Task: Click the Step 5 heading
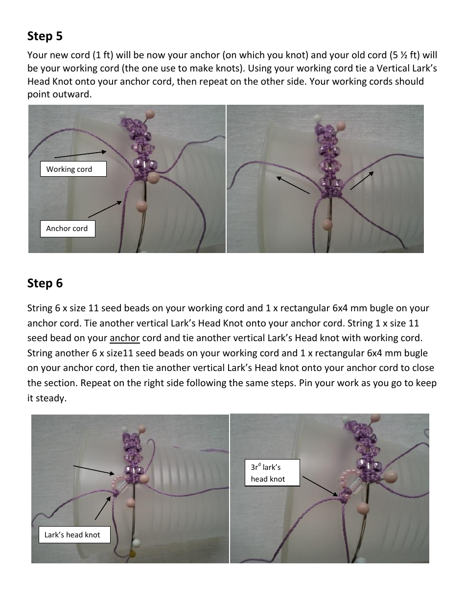45,36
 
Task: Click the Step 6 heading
45,283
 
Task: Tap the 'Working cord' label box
73,169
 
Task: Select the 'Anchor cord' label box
67,229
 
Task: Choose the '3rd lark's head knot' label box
272,473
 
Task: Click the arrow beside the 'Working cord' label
80,154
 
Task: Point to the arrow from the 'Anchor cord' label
105,208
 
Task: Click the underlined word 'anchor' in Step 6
125,338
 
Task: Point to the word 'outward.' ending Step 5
59,94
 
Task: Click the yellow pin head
132,553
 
